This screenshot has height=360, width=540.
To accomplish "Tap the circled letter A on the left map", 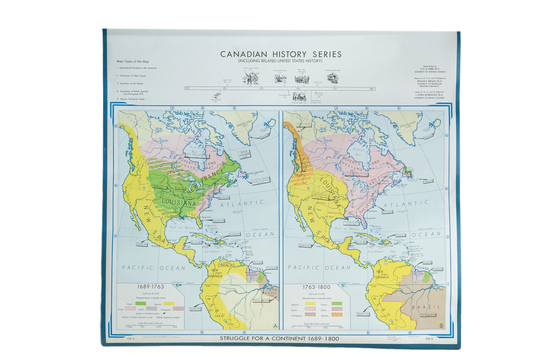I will pyautogui.click(x=275, y=326).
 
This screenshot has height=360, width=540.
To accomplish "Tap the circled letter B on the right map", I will pyautogui.click(x=441, y=326).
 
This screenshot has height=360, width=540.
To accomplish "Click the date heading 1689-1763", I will pyautogui.click(x=150, y=287).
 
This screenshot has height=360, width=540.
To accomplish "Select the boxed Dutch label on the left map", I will pyautogui.click(x=258, y=262).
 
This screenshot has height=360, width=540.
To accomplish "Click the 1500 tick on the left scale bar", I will pyautogui.click(x=174, y=327).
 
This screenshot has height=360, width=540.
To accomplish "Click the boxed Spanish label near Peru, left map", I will pyautogui.click(x=195, y=308).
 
